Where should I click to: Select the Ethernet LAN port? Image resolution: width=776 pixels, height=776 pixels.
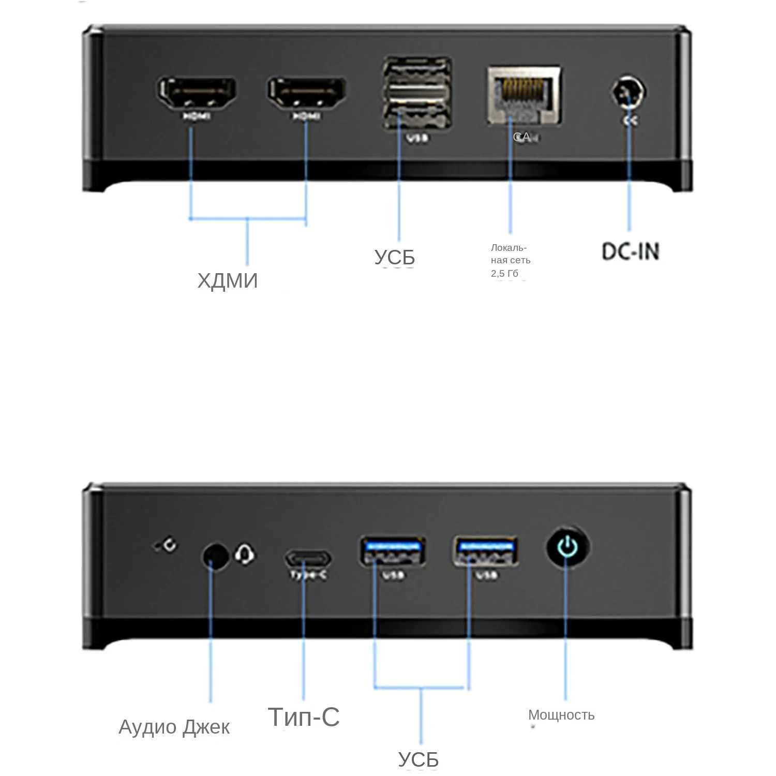point(524,95)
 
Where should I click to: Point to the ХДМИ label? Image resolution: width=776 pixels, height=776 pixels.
point(228,281)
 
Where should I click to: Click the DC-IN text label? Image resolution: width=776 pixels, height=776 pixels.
point(630,252)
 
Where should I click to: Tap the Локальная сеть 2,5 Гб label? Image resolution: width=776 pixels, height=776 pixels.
point(510,260)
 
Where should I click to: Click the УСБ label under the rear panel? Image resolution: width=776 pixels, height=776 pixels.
point(394,257)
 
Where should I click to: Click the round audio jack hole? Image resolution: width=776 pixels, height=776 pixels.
point(214,557)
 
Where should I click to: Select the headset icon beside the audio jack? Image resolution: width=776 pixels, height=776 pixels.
point(245,555)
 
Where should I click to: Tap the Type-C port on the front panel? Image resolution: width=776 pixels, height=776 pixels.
point(308,559)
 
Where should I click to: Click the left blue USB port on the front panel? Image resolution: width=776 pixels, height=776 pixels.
point(393,551)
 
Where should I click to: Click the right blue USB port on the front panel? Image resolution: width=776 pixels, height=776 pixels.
point(486,551)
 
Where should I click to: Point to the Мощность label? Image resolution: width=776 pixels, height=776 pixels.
point(561,715)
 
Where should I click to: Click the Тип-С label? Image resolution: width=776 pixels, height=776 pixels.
point(304,717)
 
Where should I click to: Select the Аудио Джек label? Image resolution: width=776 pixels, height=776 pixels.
point(174,727)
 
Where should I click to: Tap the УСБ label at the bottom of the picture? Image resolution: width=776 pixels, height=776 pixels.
point(418,759)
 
